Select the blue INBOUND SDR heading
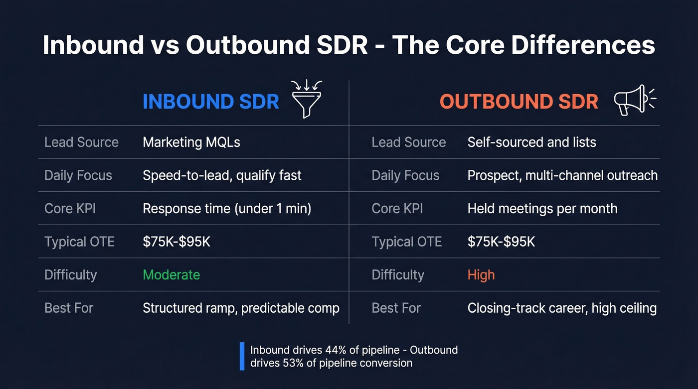click(210, 102)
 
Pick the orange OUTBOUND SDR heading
click(519, 102)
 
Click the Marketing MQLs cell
click(191, 142)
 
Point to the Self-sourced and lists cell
click(531, 142)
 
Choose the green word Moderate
click(171, 274)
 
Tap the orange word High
click(481, 274)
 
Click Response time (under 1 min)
click(227, 208)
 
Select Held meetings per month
click(542, 208)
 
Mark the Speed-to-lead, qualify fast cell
click(222, 175)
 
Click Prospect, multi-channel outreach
click(562, 175)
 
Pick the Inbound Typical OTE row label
click(79, 242)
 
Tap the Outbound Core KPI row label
click(397, 208)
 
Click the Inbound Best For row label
click(69, 308)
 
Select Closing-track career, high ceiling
click(562, 308)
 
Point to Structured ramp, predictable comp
click(241, 308)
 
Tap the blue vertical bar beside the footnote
click(242, 356)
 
